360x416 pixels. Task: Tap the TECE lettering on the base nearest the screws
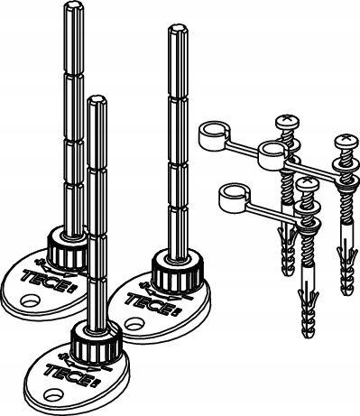click(x=150, y=304)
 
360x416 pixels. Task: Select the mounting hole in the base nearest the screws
click(x=134, y=324)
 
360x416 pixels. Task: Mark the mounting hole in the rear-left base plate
click(x=30, y=300)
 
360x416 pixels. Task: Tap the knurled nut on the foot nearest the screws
click(x=178, y=273)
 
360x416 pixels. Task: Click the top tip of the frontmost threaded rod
click(x=97, y=99)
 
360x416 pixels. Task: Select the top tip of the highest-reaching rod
click(x=74, y=5)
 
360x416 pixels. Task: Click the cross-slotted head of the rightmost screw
click(x=346, y=143)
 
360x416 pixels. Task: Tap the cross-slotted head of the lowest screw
click(x=307, y=184)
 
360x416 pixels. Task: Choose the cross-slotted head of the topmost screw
click(x=288, y=121)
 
